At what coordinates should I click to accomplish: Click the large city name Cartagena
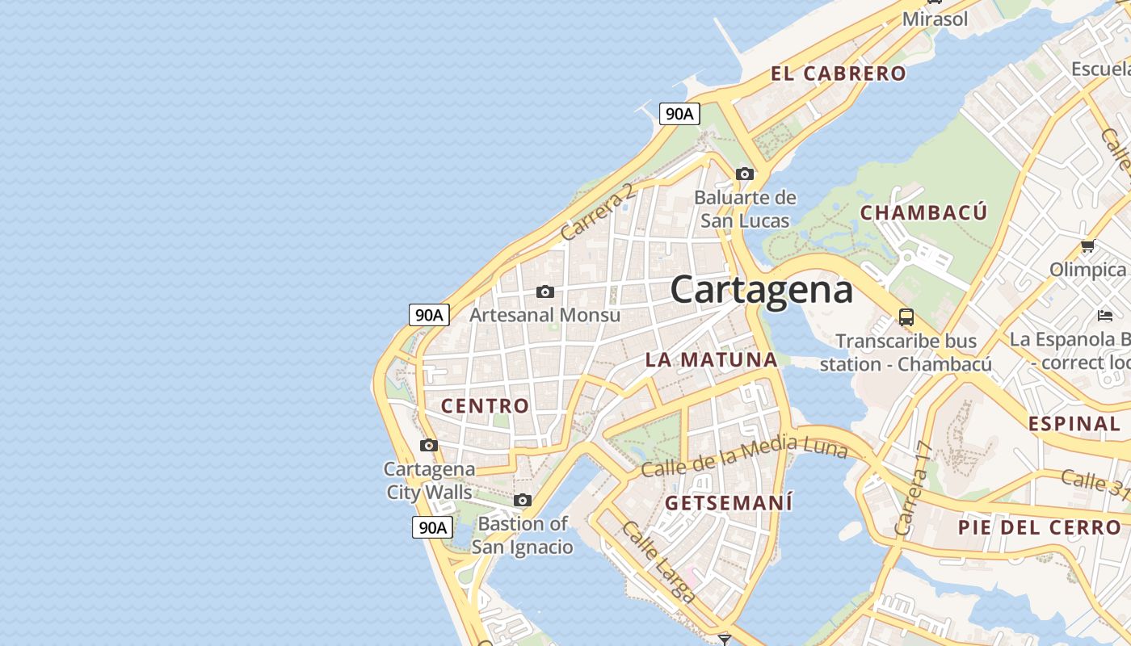tap(761, 290)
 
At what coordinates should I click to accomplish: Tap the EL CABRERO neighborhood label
tap(839, 73)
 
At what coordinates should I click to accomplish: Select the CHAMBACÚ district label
tap(923, 212)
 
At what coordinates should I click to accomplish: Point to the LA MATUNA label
tap(712, 359)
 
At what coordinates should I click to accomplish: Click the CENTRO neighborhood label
tap(485, 405)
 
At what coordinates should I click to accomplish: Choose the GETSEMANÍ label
tap(729, 502)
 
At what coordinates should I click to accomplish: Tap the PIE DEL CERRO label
tap(1040, 527)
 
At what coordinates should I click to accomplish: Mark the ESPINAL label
tap(1074, 423)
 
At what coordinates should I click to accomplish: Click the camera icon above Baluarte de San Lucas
tap(745, 174)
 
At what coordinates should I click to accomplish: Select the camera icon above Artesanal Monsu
tap(545, 292)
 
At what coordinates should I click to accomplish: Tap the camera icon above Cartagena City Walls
tap(429, 445)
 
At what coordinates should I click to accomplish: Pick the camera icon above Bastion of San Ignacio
tap(523, 500)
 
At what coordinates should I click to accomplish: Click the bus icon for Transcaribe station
tap(906, 317)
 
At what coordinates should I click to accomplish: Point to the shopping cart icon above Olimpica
tap(1087, 245)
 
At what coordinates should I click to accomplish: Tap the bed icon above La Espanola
tap(1104, 315)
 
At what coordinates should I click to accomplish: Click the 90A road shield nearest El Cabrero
tap(679, 114)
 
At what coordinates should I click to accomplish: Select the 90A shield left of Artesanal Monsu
tap(429, 315)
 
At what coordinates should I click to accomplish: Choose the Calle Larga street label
tap(658, 562)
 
